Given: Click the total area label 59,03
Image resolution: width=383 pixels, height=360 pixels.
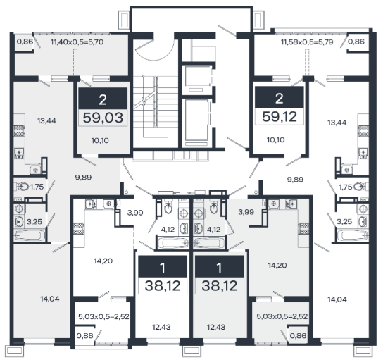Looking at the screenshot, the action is [103, 118].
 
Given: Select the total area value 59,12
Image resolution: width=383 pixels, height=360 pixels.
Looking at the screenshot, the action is [280, 116].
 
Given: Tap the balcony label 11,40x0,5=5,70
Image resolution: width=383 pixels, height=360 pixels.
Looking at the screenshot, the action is [77, 42].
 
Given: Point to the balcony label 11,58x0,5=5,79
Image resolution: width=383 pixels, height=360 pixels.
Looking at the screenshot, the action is [307, 42].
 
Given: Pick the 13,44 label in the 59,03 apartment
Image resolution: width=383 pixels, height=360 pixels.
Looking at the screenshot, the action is [46, 120].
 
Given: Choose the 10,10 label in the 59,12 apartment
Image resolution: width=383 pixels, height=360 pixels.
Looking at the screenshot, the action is [275, 139].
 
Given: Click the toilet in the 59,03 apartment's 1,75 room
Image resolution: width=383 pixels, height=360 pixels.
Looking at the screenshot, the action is [22, 187].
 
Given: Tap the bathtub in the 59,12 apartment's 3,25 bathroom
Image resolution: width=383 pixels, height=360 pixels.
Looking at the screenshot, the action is [352, 235].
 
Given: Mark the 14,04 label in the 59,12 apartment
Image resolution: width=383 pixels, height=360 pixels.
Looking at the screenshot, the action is [337, 299].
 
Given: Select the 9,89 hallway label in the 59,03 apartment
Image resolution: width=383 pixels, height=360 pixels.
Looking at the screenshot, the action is [83, 178].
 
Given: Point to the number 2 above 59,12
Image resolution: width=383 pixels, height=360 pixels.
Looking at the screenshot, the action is [280, 99].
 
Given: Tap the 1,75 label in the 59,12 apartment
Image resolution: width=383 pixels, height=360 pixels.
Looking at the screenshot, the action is [346, 187].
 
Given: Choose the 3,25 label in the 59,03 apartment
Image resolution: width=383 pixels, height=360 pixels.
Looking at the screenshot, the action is [34, 222].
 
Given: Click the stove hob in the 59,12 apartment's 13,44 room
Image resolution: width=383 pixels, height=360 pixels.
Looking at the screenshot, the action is [363, 131].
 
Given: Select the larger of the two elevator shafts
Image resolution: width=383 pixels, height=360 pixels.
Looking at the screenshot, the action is [196, 120].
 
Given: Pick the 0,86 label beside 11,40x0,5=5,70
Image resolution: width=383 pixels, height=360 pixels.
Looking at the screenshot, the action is [25, 42].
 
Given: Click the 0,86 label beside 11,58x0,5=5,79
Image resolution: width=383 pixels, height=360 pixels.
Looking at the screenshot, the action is [356, 42].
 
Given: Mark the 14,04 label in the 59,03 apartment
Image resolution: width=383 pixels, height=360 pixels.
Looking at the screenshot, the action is [49, 299].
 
